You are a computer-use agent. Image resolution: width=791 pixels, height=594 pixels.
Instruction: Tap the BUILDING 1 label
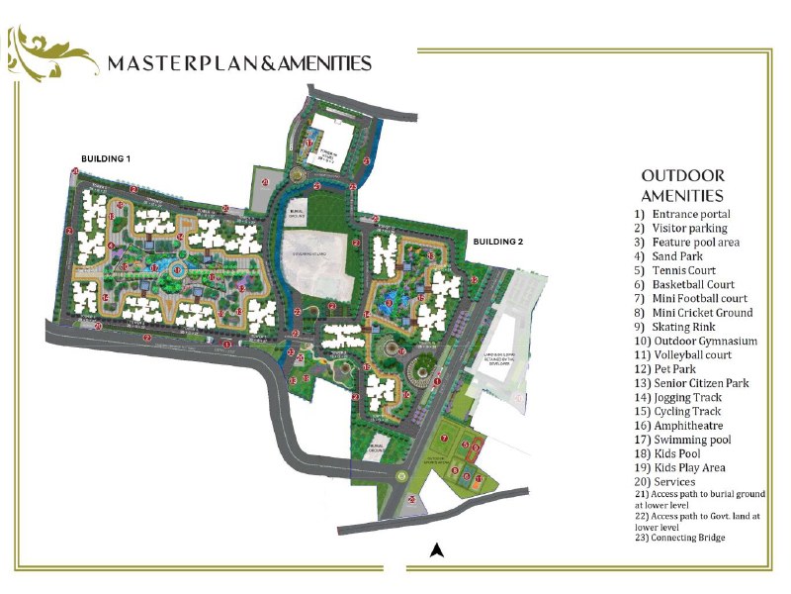tap(106, 158)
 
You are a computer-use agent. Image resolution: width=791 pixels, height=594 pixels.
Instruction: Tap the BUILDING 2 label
tap(498, 242)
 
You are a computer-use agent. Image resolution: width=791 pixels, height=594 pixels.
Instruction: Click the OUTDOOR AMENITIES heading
tap(682, 186)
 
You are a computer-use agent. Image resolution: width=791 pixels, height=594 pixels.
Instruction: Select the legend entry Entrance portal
tap(682, 214)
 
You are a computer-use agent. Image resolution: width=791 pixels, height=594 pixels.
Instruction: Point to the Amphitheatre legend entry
tap(681, 426)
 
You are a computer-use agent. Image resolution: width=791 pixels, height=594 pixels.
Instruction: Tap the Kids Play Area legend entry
tap(680, 467)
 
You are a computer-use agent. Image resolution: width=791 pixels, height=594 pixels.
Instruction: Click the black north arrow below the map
tap(434, 550)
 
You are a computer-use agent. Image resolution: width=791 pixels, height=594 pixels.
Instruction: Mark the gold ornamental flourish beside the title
tap(40, 53)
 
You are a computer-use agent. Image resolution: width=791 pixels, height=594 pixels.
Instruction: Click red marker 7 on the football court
tap(445, 438)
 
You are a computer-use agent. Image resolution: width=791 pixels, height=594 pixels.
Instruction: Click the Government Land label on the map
tap(313, 255)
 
